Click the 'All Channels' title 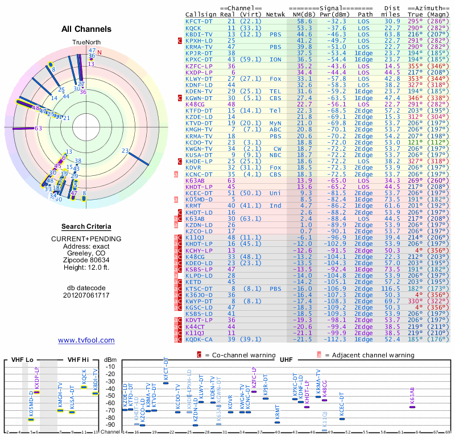coord(86,29)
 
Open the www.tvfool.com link coord(86,340)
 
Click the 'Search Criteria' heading coord(86,226)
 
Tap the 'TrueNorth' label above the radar coord(86,43)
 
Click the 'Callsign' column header coord(201,14)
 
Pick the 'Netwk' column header coord(276,14)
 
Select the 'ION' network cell coord(276,59)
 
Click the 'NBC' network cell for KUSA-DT coord(276,155)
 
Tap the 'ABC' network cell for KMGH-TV coord(276,129)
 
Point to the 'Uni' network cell coord(276,193)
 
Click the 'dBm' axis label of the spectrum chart coord(110,360)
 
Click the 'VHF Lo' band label coord(22,360)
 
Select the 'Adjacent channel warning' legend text coord(365,355)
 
